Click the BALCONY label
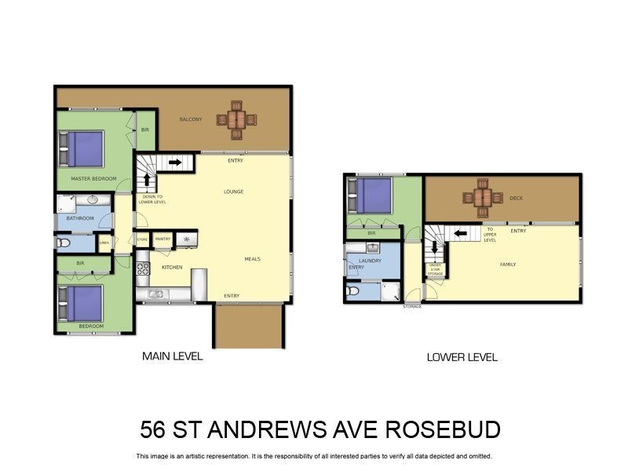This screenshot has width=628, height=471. pyautogui.click(x=191, y=119)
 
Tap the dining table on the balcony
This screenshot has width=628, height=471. pyautogui.click(x=237, y=120)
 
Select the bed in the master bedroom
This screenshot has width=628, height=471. pyautogui.click(x=83, y=148)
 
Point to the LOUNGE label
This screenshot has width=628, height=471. pyautogui.click(x=233, y=192)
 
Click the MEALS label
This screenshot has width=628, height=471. pyautogui.click(x=252, y=259)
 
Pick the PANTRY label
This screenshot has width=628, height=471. pyautogui.click(x=163, y=239)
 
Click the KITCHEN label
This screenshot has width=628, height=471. pyautogui.click(x=172, y=268)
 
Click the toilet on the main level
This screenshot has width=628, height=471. pyautogui.click(x=64, y=243)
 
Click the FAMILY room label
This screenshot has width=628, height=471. pyautogui.click(x=508, y=265)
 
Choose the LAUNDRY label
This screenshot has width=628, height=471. pyautogui.click(x=369, y=261)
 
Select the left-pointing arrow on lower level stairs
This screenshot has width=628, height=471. pyautogui.click(x=461, y=232)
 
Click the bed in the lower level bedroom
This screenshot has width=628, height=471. pyautogui.click(x=371, y=195)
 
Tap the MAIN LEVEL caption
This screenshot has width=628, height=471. pyautogui.click(x=172, y=356)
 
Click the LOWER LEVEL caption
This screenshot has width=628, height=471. pyautogui.click(x=462, y=357)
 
